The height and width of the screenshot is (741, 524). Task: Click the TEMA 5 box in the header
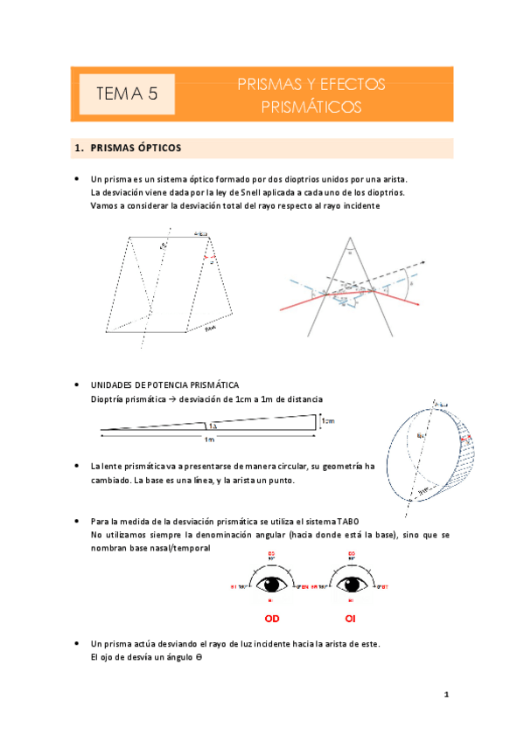(x=126, y=94)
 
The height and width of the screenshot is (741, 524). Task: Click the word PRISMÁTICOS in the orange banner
(x=311, y=107)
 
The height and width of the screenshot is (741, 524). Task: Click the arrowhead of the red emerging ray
(x=418, y=304)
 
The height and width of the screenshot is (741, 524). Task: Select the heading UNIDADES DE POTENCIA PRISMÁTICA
(x=164, y=384)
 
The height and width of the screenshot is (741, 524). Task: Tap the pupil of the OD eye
(x=271, y=584)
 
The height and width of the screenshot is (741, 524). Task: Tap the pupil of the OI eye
(x=351, y=584)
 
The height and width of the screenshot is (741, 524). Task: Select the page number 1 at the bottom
(x=446, y=696)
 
